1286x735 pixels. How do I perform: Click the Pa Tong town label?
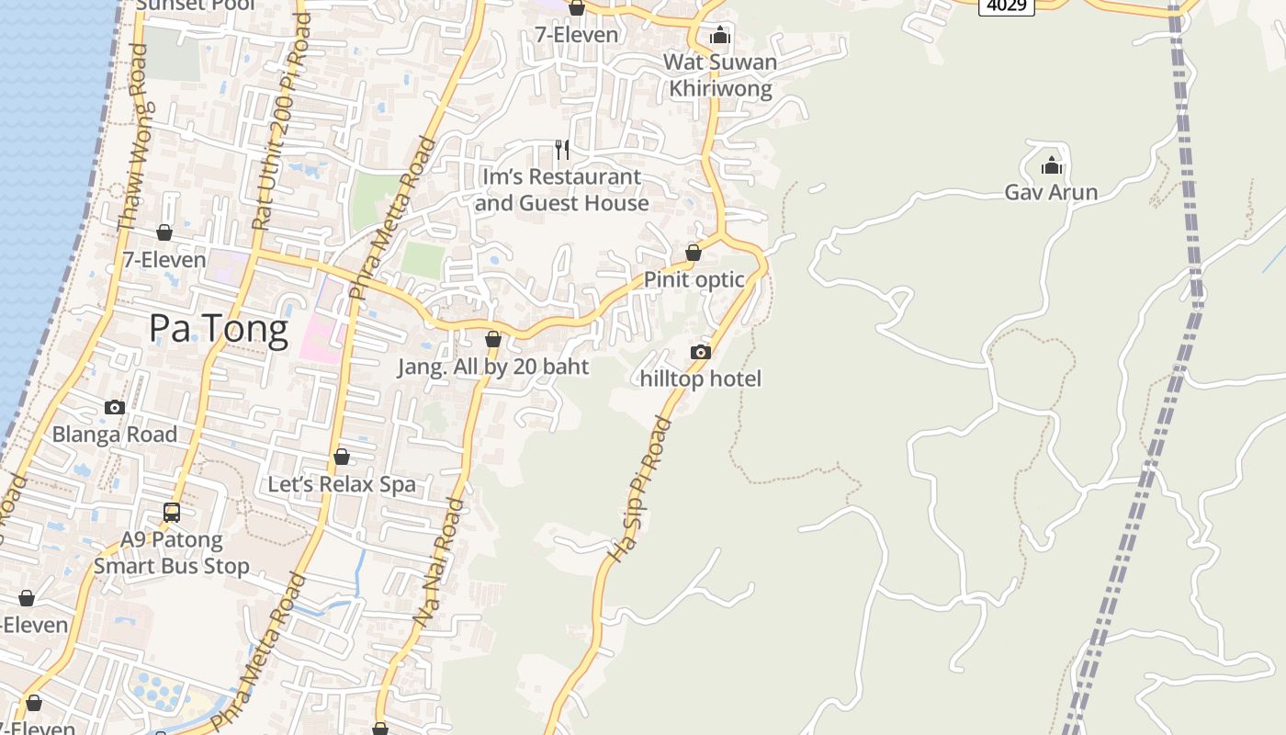tap(219, 328)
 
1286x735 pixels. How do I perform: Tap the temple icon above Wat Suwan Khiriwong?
tap(720, 35)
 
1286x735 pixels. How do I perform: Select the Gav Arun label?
tap(1051, 192)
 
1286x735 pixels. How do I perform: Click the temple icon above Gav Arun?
tap(1051, 166)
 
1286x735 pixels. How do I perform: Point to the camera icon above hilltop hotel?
tap(700, 352)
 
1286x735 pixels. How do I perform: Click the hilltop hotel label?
tap(700, 379)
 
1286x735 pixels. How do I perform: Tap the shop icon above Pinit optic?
tap(694, 253)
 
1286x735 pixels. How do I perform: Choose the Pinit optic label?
tap(694, 279)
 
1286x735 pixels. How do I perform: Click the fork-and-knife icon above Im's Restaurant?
tap(562, 149)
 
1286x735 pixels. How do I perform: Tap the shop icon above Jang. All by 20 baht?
tap(493, 339)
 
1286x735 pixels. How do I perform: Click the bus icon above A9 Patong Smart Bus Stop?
tap(172, 513)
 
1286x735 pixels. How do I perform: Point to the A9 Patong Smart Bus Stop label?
tap(172, 552)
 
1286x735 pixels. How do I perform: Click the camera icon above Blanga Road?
tap(115, 407)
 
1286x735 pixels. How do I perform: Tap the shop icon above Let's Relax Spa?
tap(342, 457)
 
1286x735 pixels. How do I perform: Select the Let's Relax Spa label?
tap(342, 484)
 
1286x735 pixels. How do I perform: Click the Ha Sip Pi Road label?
tap(640, 490)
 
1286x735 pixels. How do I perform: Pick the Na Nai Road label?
tap(438, 563)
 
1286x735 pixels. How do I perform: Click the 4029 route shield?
tap(1006, 6)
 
